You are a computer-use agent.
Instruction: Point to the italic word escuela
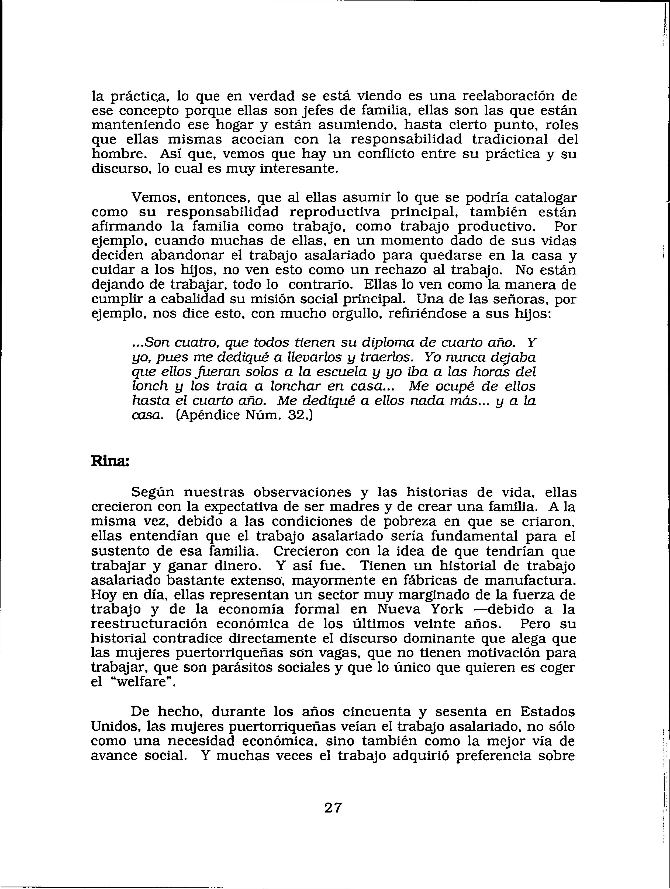(x=319, y=372)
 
